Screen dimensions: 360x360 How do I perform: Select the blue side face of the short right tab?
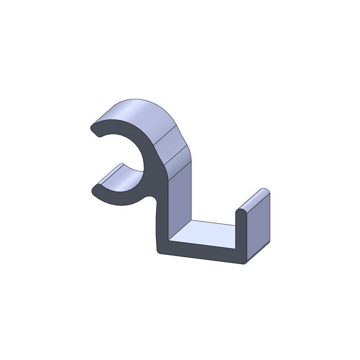point(259,225)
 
